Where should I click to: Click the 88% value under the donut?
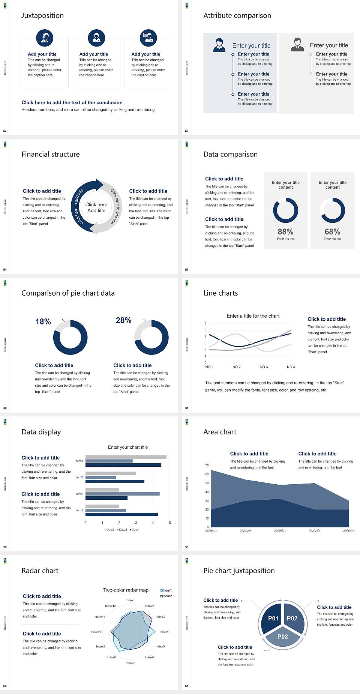tap(285, 232)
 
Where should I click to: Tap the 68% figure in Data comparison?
tap(332, 232)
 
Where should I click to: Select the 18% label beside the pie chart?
tap(43, 321)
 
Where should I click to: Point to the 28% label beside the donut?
tap(123, 320)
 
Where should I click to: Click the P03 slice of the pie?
tap(283, 637)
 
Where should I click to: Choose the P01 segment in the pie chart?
tap(273, 618)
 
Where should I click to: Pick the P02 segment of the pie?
tap(292, 618)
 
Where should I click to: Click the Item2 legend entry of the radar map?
tap(166, 596)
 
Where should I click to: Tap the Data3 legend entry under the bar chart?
tap(109, 530)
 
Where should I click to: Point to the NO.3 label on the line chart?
tap(264, 367)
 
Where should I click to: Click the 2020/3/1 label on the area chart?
tap(280, 531)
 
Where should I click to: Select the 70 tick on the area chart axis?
tap(207, 466)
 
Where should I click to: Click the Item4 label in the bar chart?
tap(79, 461)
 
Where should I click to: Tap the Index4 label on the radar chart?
tap(164, 632)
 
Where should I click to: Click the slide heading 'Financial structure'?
tap(51, 154)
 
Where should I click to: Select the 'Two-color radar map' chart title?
tap(126, 590)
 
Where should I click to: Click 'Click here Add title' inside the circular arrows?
tap(96, 207)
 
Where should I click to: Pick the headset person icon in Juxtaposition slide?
tap(45, 38)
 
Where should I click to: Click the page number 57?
tap(187, 408)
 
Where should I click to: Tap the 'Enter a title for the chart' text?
tap(253, 316)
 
